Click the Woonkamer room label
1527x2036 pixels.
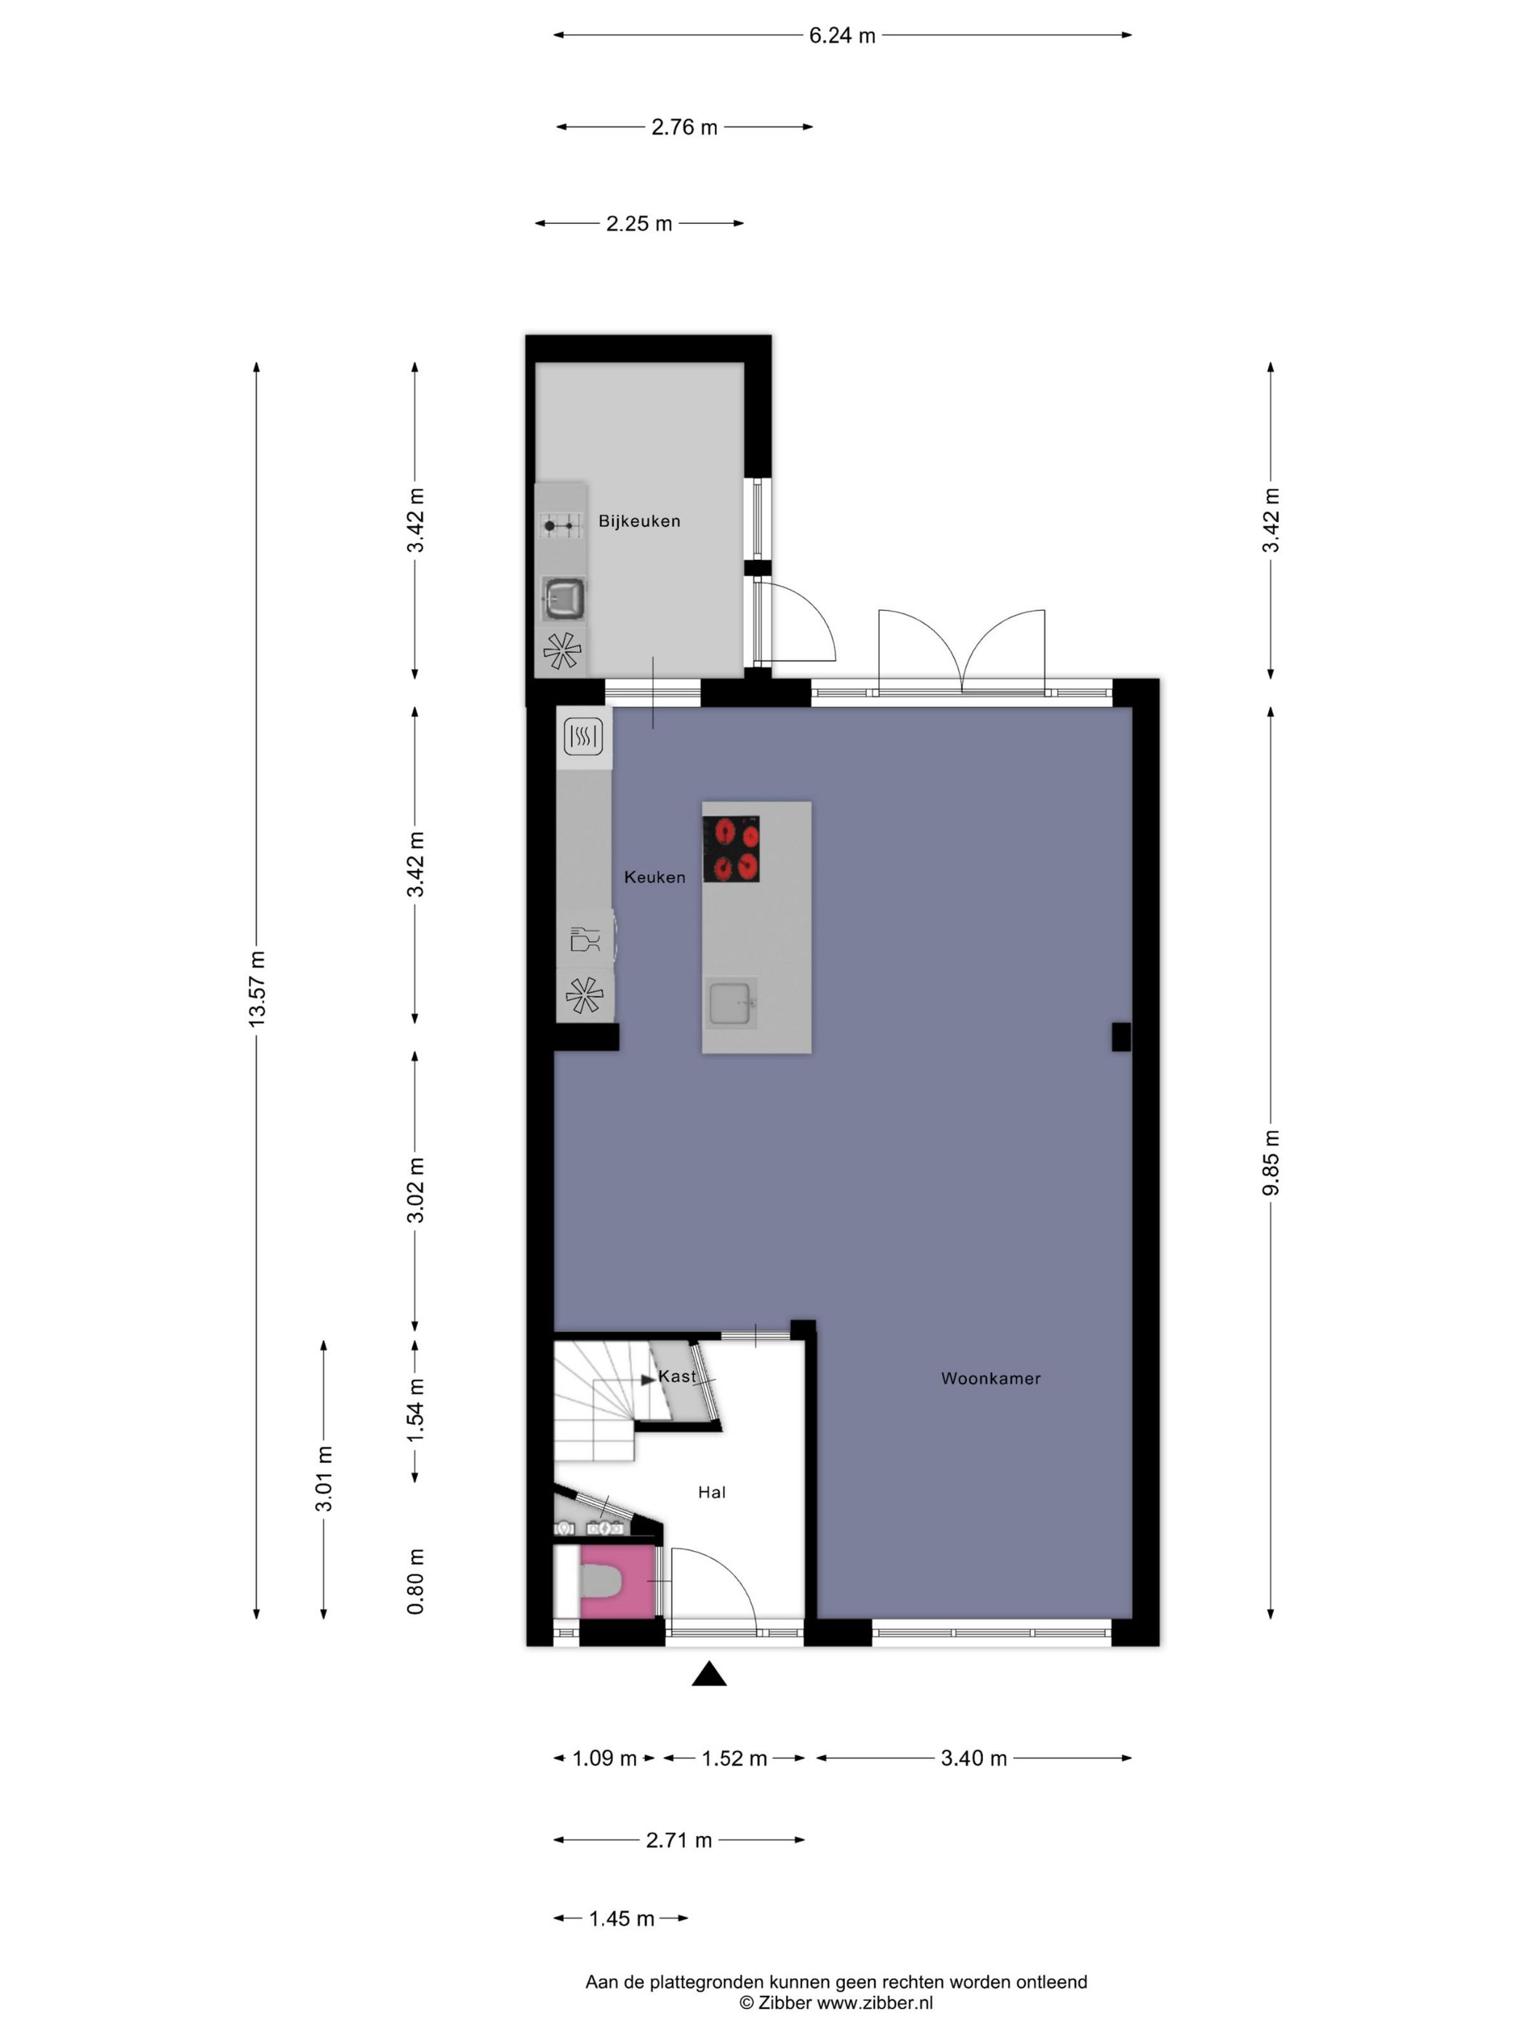tap(990, 1378)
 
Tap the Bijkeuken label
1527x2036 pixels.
tap(638, 521)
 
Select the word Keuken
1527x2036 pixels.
tap(654, 877)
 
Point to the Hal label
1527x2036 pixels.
tap(710, 1492)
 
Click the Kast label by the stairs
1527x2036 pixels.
tap(676, 1376)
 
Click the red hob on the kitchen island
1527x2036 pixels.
tap(731, 849)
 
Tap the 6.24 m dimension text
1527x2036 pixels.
tap(841, 36)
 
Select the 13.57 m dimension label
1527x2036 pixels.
tap(257, 990)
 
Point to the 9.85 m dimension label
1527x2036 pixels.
tap(1270, 1163)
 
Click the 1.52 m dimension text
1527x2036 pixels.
tap(734, 1758)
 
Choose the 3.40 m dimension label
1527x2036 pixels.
tap(973, 1758)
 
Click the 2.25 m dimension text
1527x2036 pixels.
tap(638, 224)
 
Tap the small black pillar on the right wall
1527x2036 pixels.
tap(1121, 1036)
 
